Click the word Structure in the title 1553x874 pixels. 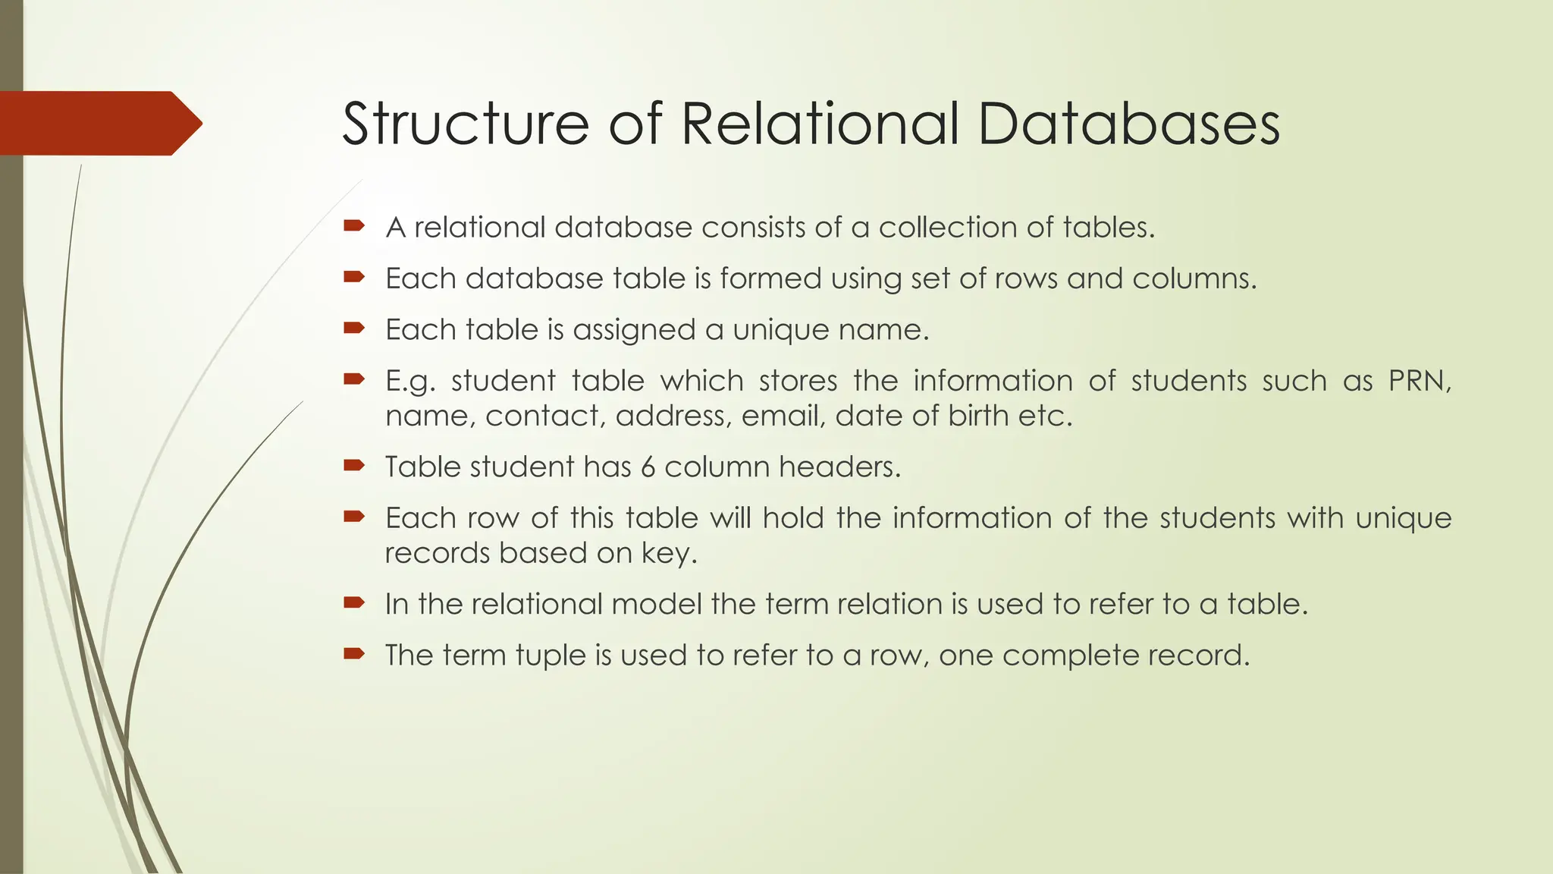coord(465,124)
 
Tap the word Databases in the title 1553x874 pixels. coord(1128,124)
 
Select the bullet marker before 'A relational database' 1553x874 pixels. coord(353,225)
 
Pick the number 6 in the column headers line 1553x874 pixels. coord(647,467)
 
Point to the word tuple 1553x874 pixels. coord(550,655)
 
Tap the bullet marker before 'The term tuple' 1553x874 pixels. coord(353,653)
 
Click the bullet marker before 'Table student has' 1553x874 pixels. coord(353,465)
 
